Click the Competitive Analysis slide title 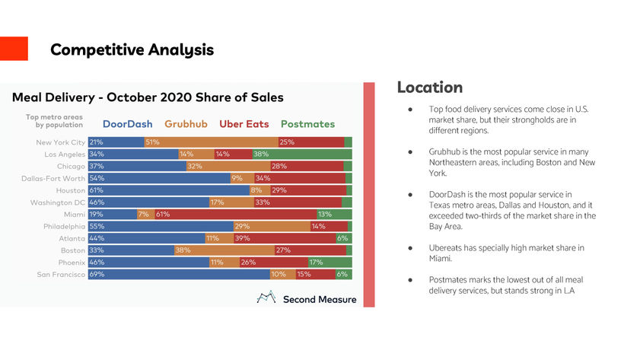[132, 50]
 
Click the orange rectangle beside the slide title [14, 49]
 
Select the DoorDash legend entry [127, 123]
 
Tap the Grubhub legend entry [186, 123]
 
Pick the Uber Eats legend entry [244, 123]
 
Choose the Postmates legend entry [307, 123]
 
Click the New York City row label [60, 142]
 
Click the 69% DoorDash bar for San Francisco [179, 274]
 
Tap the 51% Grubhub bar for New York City [211, 142]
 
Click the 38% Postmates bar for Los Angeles [301, 154]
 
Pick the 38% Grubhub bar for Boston [224, 250]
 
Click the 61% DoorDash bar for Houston [168, 190]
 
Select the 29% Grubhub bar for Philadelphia [271, 226]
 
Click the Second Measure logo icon [266, 298]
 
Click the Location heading [429, 88]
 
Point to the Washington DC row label [58, 202]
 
